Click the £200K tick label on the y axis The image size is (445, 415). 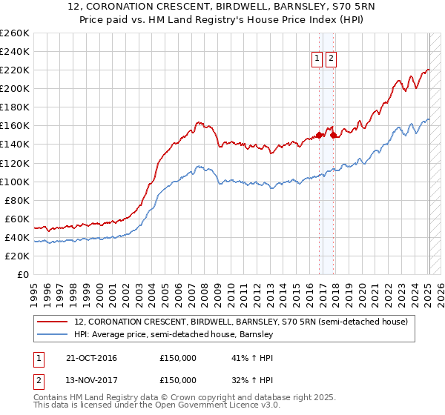(15, 88)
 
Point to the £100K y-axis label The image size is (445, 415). (15, 182)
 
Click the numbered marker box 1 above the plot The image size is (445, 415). (317, 59)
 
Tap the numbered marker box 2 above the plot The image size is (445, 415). (330, 59)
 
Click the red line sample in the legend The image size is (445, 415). (53, 322)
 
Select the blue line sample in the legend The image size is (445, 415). (53, 335)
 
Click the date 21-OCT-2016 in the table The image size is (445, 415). (91, 358)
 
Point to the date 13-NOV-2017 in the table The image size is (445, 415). (91, 380)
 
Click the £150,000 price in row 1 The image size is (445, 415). (178, 358)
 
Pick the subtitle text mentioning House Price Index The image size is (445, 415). (222, 21)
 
